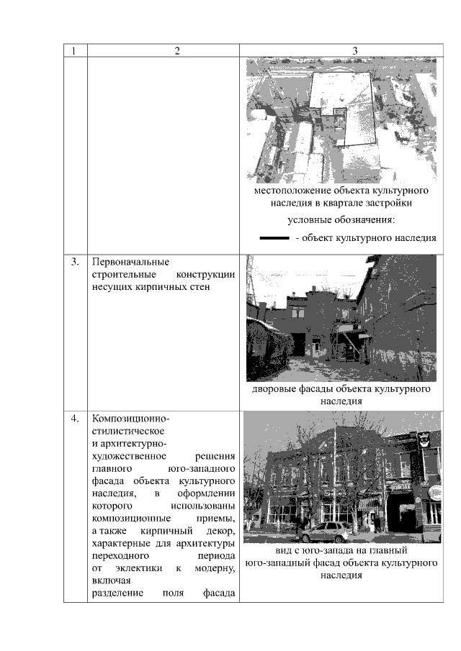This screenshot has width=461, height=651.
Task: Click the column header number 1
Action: click(73, 51)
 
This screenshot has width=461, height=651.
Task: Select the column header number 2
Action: click(176, 51)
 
